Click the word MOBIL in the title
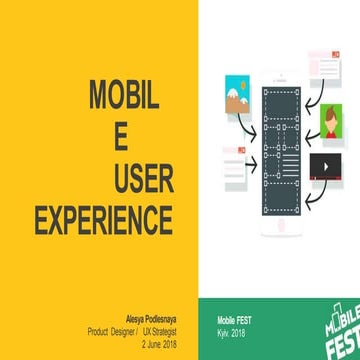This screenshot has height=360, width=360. [125, 98]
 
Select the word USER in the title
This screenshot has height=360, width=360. [144, 178]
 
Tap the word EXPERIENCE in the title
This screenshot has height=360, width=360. [104, 218]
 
